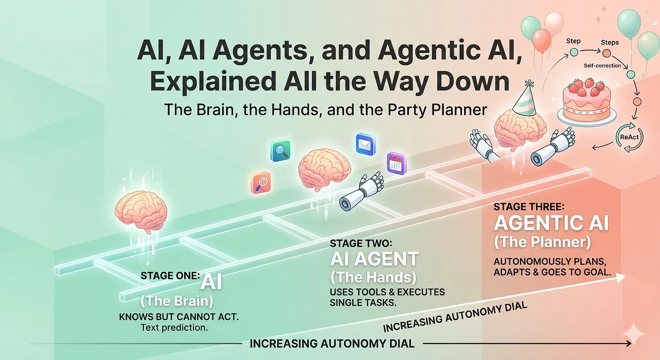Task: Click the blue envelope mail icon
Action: click(365, 144)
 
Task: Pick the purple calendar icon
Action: click(397, 164)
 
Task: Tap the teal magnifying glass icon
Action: click(280, 151)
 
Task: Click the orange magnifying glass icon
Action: click(261, 183)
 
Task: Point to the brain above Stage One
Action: click(141, 211)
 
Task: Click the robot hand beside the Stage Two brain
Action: click(361, 192)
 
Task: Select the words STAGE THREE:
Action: click(529, 207)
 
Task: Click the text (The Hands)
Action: click(373, 277)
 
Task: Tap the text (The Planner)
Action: click(542, 242)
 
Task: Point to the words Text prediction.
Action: click(174, 327)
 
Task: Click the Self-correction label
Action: click(602, 66)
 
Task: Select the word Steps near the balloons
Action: click(609, 42)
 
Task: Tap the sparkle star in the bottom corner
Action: click(633, 333)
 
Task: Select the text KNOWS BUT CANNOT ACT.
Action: click(178, 317)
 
